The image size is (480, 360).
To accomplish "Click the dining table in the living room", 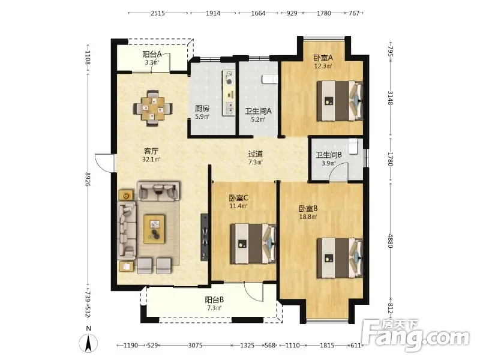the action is point(153,109).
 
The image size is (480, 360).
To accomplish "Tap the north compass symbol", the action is point(88,343).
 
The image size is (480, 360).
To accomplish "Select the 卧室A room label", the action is point(323,58).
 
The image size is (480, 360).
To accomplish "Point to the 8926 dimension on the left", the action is point(88,179).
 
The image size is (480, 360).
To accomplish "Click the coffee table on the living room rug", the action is point(154,229).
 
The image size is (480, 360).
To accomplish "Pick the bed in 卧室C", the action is point(253,244).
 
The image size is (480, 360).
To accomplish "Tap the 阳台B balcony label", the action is point(214,299).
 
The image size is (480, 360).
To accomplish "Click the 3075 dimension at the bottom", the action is point(196,346).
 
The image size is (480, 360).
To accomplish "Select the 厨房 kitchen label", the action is point(202,109).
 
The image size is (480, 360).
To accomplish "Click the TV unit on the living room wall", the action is point(205,237).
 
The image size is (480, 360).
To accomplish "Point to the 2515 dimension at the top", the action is point(158,13).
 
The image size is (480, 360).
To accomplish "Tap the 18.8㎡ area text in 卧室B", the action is point(308,217).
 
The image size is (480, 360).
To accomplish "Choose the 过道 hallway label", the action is point(256,154).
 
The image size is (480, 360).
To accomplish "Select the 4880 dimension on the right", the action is point(391,241).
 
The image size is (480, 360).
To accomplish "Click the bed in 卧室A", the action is point(340,101).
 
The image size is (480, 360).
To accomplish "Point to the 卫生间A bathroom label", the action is point(258,111).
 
